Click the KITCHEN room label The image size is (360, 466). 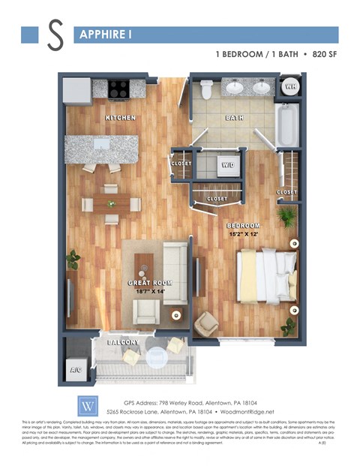click(x=120, y=118)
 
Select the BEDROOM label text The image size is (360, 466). click(x=243, y=226)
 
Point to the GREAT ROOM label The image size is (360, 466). click(x=150, y=284)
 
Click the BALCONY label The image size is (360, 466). click(x=123, y=342)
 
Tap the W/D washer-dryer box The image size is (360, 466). click(x=227, y=164)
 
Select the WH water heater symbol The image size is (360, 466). click(x=289, y=88)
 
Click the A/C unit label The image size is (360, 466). click(x=75, y=369)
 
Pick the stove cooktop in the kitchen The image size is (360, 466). click(x=120, y=89)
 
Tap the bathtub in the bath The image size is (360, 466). click(x=287, y=125)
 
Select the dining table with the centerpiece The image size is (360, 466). click(x=112, y=203)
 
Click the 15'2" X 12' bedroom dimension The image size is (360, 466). click(x=243, y=234)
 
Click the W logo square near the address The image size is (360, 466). click(x=87, y=405)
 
